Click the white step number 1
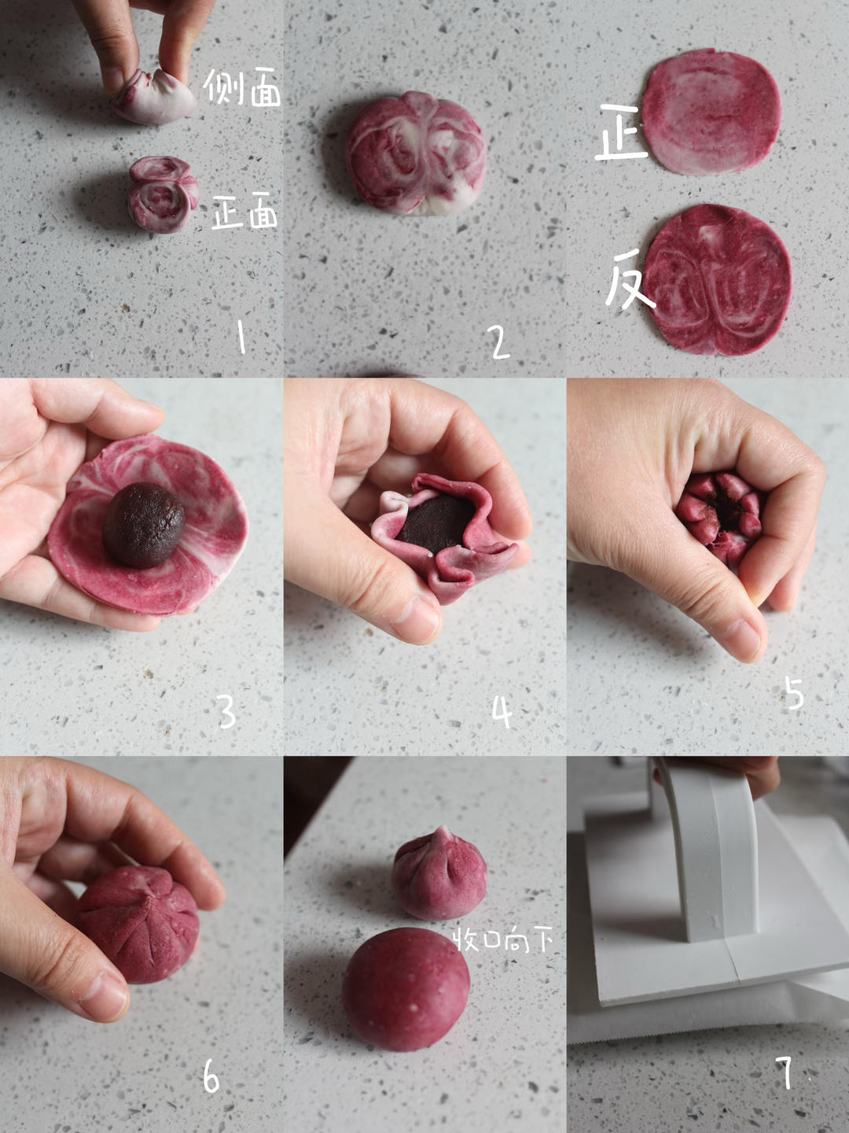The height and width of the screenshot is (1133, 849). pyautogui.click(x=241, y=337)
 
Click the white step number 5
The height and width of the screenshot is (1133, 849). pyautogui.click(x=794, y=692)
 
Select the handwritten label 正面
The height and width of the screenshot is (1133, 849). pyautogui.click(x=244, y=211)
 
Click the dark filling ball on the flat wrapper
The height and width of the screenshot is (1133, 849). pyautogui.click(x=144, y=525)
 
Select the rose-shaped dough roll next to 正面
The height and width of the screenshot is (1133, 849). pyautogui.click(x=163, y=194)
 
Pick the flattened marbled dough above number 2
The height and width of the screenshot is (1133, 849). pyautogui.click(x=416, y=153)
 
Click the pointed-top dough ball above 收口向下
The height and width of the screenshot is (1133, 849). pyautogui.click(x=439, y=873)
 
